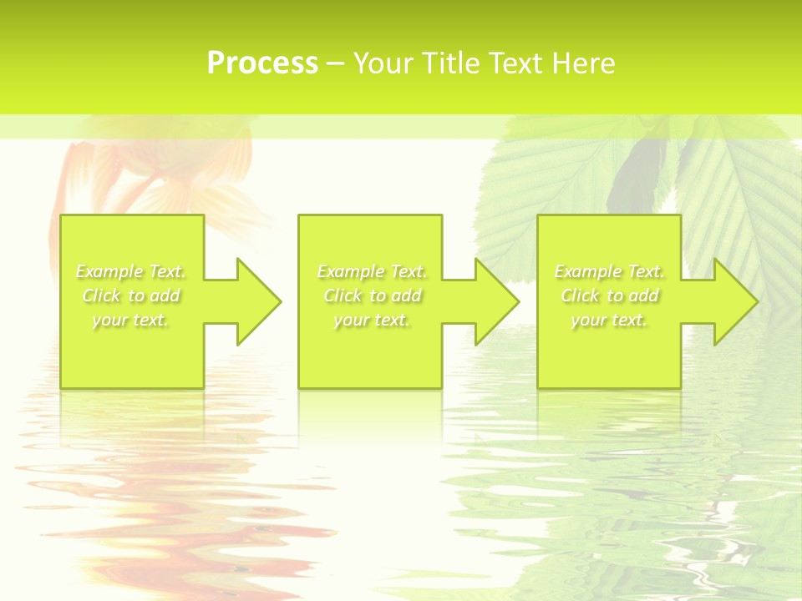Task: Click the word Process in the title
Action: pos(262,63)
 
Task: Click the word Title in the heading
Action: pos(450,63)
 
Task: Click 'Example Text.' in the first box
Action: pos(131,271)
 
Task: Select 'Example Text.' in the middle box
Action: pos(372,271)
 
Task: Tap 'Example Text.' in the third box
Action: pos(609,271)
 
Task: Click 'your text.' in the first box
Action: pos(131,320)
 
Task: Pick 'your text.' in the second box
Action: pos(372,320)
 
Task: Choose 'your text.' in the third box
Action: pos(609,320)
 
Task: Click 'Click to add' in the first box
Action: pos(131,295)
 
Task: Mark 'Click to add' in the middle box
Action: pos(372,295)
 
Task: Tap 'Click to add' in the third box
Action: pos(609,295)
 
